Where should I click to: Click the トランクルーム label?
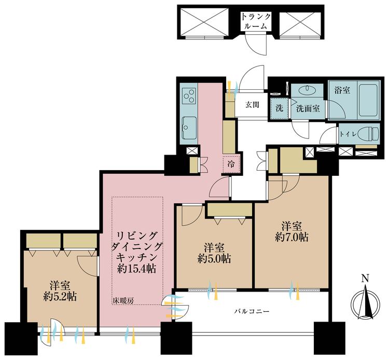[256, 21]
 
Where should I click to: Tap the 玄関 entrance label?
[252, 105]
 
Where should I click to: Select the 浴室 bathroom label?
[342, 90]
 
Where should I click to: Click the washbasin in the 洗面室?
[308, 89]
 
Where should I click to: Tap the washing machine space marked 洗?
[280, 108]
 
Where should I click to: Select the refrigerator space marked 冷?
[231, 164]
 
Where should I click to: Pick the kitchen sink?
[189, 128]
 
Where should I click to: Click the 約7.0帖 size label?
[291, 237]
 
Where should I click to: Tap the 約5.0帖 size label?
[214, 258]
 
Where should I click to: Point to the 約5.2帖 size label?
[60, 296]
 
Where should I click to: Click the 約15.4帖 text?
[137, 268]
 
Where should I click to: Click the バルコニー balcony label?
[252, 311]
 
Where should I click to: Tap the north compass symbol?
[366, 303]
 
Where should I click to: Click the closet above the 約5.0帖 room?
[230, 210]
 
